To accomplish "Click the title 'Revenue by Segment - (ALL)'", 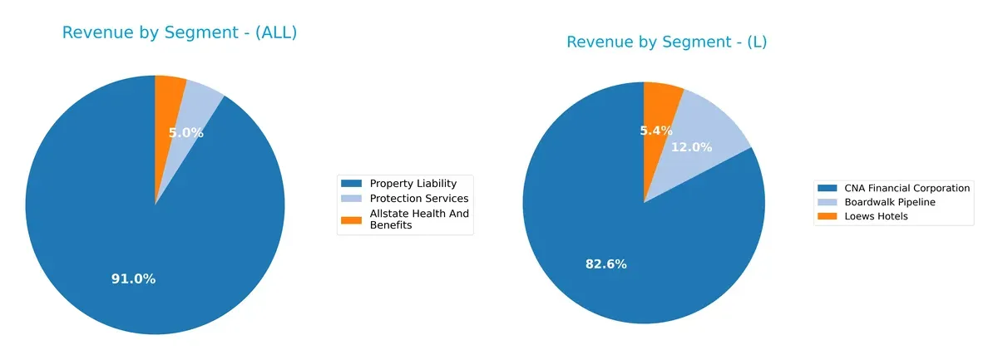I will (179, 33).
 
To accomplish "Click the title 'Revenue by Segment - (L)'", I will (666, 42).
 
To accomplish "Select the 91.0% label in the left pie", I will (133, 279).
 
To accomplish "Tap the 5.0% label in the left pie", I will (185, 133).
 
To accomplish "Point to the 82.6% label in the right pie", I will (605, 264).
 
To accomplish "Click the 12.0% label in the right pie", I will (691, 147).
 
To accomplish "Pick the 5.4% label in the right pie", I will (656, 131).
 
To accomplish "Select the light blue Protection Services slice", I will (199, 100).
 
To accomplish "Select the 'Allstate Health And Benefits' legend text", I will (418, 219).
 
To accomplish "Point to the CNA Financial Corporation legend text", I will (907, 188).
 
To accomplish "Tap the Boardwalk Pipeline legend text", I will (889, 202).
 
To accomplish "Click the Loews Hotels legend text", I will (876, 216).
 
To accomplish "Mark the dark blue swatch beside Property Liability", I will (352, 184).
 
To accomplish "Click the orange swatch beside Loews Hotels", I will (828, 216).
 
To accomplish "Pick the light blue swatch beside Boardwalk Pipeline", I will (828, 202).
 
